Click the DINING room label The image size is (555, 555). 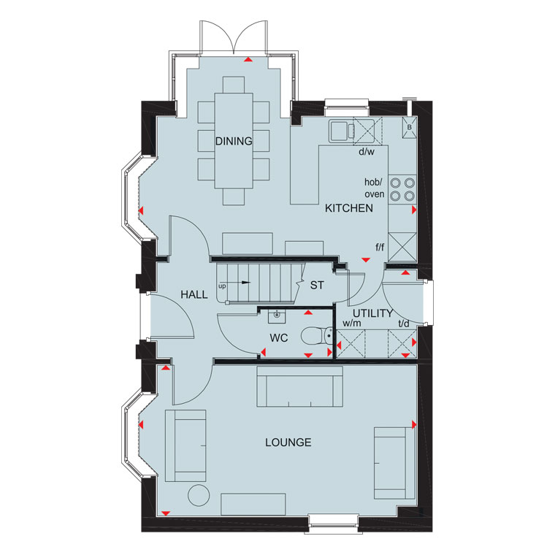[234, 141]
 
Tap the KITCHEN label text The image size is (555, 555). [349, 208]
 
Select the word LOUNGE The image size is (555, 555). [288, 443]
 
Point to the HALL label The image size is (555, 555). [194, 294]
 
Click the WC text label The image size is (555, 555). [279, 338]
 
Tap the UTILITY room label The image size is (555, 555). [372, 313]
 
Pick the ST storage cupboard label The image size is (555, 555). [317, 286]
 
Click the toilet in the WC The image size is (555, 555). [317, 335]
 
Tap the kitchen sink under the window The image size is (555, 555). [342, 131]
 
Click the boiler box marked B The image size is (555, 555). [409, 127]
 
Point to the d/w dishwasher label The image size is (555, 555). [367, 152]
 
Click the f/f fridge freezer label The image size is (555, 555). [380, 247]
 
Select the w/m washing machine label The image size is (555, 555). [352, 324]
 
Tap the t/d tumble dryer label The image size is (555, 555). [404, 324]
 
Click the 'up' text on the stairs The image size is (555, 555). [222, 286]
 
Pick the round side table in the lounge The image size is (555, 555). [199, 495]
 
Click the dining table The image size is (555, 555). [234, 140]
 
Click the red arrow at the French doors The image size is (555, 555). [248, 59]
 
